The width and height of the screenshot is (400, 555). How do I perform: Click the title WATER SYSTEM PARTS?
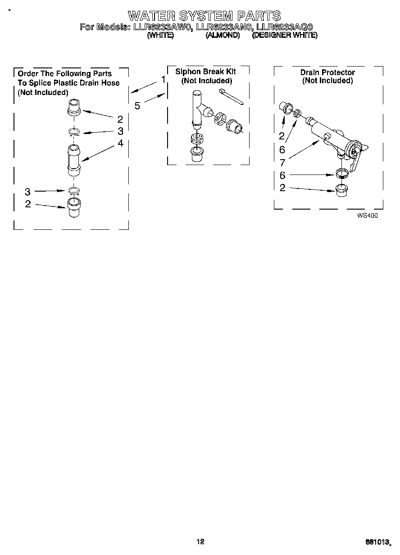tap(204, 16)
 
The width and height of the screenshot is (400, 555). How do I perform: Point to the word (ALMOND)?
tap(223, 35)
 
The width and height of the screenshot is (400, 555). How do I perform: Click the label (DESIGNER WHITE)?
tap(285, 35)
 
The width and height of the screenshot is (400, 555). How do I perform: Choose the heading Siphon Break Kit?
tap(205, 72)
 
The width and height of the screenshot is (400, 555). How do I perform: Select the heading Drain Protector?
tap(327, 72)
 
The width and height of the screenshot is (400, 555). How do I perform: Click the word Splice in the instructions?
tap(44, 83)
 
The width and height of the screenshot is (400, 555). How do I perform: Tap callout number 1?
tap(163, 80)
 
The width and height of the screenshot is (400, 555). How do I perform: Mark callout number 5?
tap(137, 106)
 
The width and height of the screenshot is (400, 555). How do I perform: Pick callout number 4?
tap(120, 143)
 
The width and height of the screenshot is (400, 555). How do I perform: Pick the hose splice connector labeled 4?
tap(73, 160)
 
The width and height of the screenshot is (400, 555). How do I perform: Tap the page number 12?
tap(200, 542)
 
